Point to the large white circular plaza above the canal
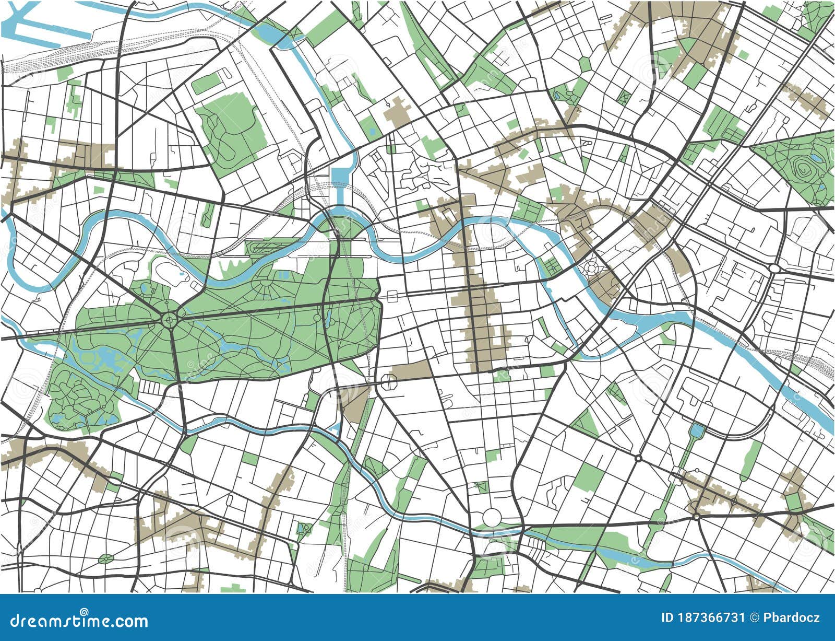click(491, 518)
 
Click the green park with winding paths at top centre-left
click(230, 125)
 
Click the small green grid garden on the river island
click(551, 266)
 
